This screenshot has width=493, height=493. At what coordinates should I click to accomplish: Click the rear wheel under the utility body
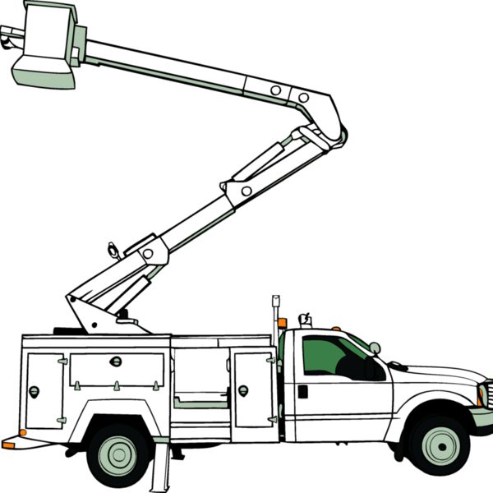[120, 453]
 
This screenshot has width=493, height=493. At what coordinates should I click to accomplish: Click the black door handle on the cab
[302, 391]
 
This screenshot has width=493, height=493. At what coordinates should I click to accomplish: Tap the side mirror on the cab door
[375, 348]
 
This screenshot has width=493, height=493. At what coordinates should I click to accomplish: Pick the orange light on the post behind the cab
[283, 323]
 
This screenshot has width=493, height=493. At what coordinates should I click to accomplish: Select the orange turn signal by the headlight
[480, 396]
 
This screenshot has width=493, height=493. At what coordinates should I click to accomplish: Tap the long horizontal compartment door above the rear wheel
[117, 371]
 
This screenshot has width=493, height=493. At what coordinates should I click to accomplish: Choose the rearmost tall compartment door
[44, 390]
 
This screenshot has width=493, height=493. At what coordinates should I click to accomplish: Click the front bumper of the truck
[483, 418]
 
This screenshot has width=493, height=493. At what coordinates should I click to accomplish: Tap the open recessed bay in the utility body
[200, 378]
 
